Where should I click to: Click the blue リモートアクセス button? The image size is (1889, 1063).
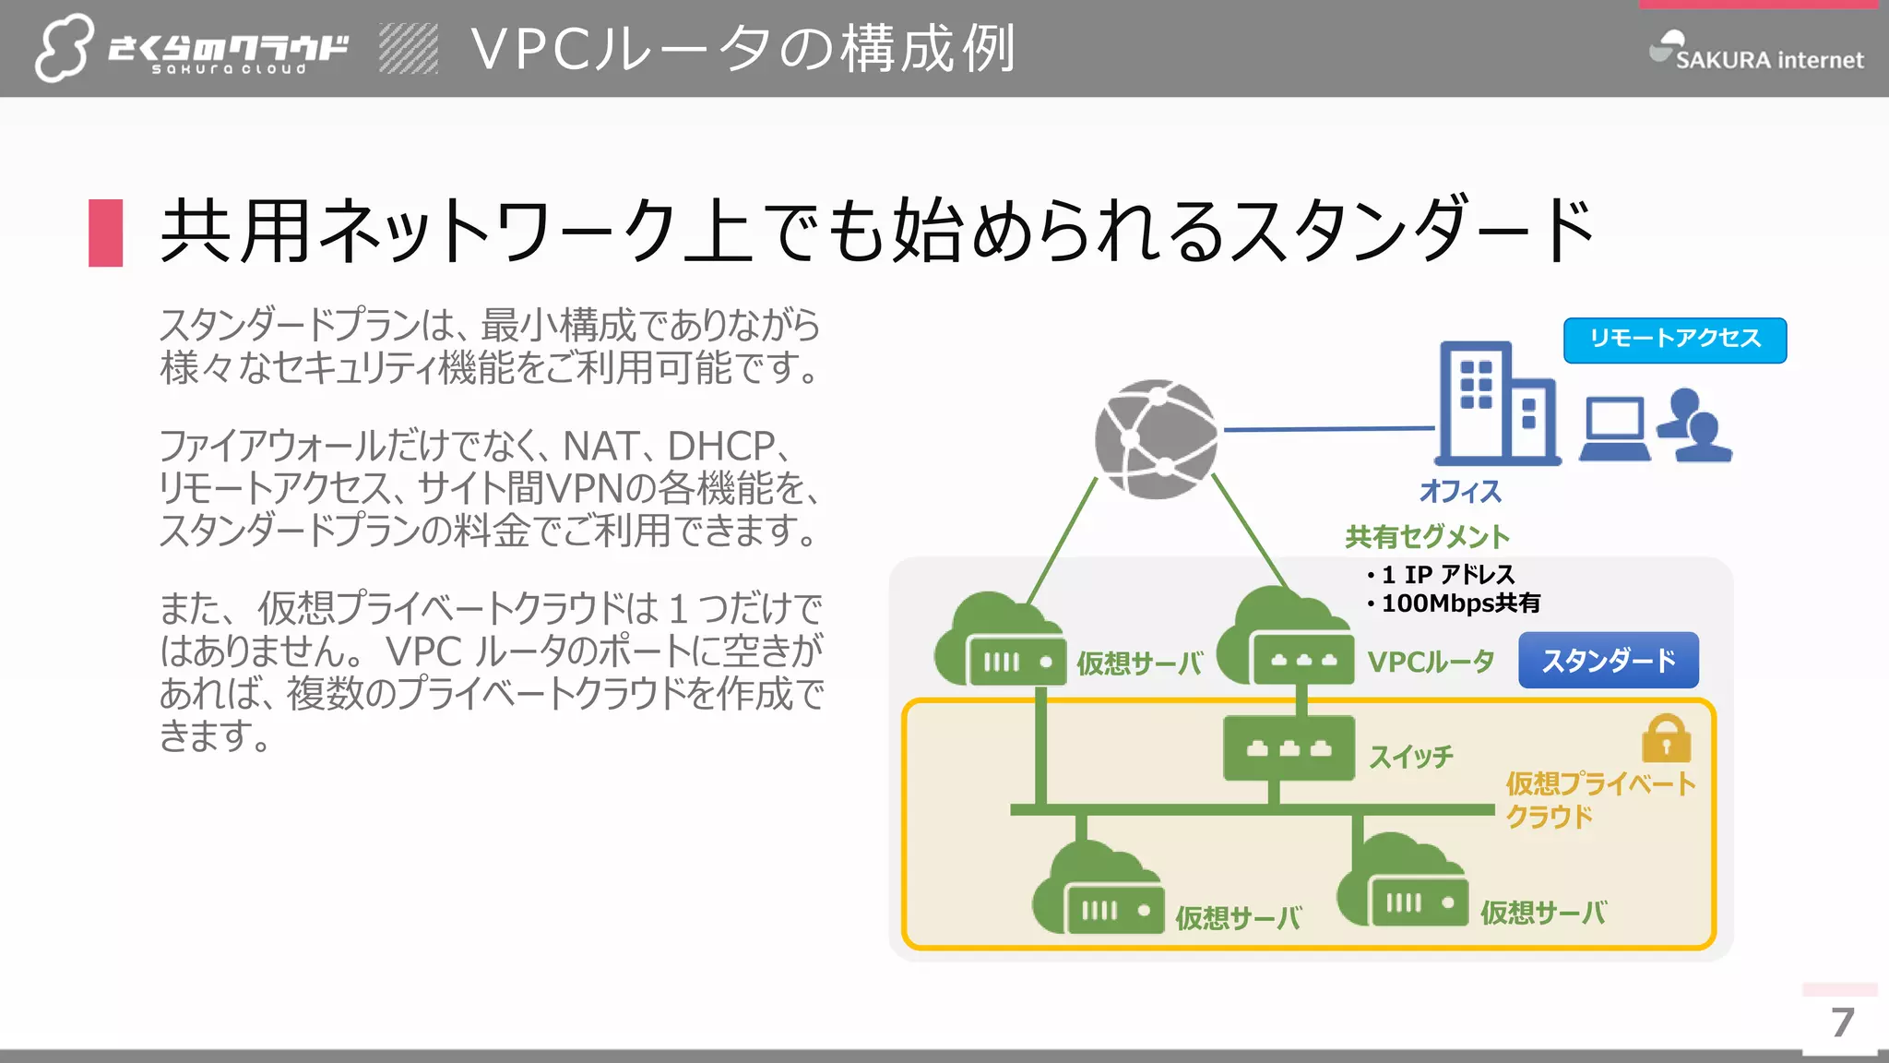coord(1674,340)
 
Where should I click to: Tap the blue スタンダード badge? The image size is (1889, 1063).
coord(1608,661)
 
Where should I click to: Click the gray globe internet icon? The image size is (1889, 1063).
coord(1156,440)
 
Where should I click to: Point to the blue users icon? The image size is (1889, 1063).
coord(1695,426)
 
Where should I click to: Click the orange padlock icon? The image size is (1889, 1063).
coord(1666,739)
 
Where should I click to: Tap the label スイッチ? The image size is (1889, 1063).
coord(1410,758)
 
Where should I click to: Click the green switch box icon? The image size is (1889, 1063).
coord(1289,748)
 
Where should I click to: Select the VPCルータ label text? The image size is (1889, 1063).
coord(1431,662)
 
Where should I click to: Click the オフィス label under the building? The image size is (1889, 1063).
coord(1460,491)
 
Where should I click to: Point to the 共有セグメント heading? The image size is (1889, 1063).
coord(1427,536)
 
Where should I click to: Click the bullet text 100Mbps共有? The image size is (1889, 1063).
coord(1460,603)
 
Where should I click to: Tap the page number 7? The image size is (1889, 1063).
coord(1842,1022)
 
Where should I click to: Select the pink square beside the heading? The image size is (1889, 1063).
coord(106,233)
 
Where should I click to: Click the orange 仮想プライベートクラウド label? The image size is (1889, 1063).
coord(1599,799)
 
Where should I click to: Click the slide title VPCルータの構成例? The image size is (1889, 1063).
coord(743,49)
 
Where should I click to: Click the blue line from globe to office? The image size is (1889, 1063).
coord(1328,429)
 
